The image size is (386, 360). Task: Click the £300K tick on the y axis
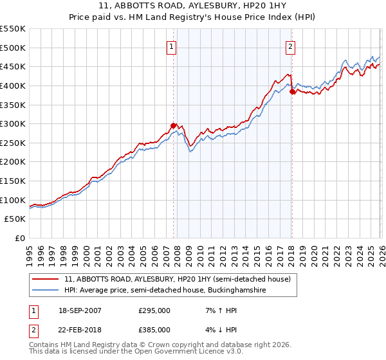coord(12,123)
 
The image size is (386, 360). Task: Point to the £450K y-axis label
coord(12,66)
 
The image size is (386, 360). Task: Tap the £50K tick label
coord(15,219)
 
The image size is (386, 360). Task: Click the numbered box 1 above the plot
coord(172,46)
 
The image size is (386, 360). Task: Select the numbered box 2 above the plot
coord(291,46)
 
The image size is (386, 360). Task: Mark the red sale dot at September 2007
coord(173,125)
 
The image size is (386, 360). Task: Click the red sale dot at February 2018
coord(291,91)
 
